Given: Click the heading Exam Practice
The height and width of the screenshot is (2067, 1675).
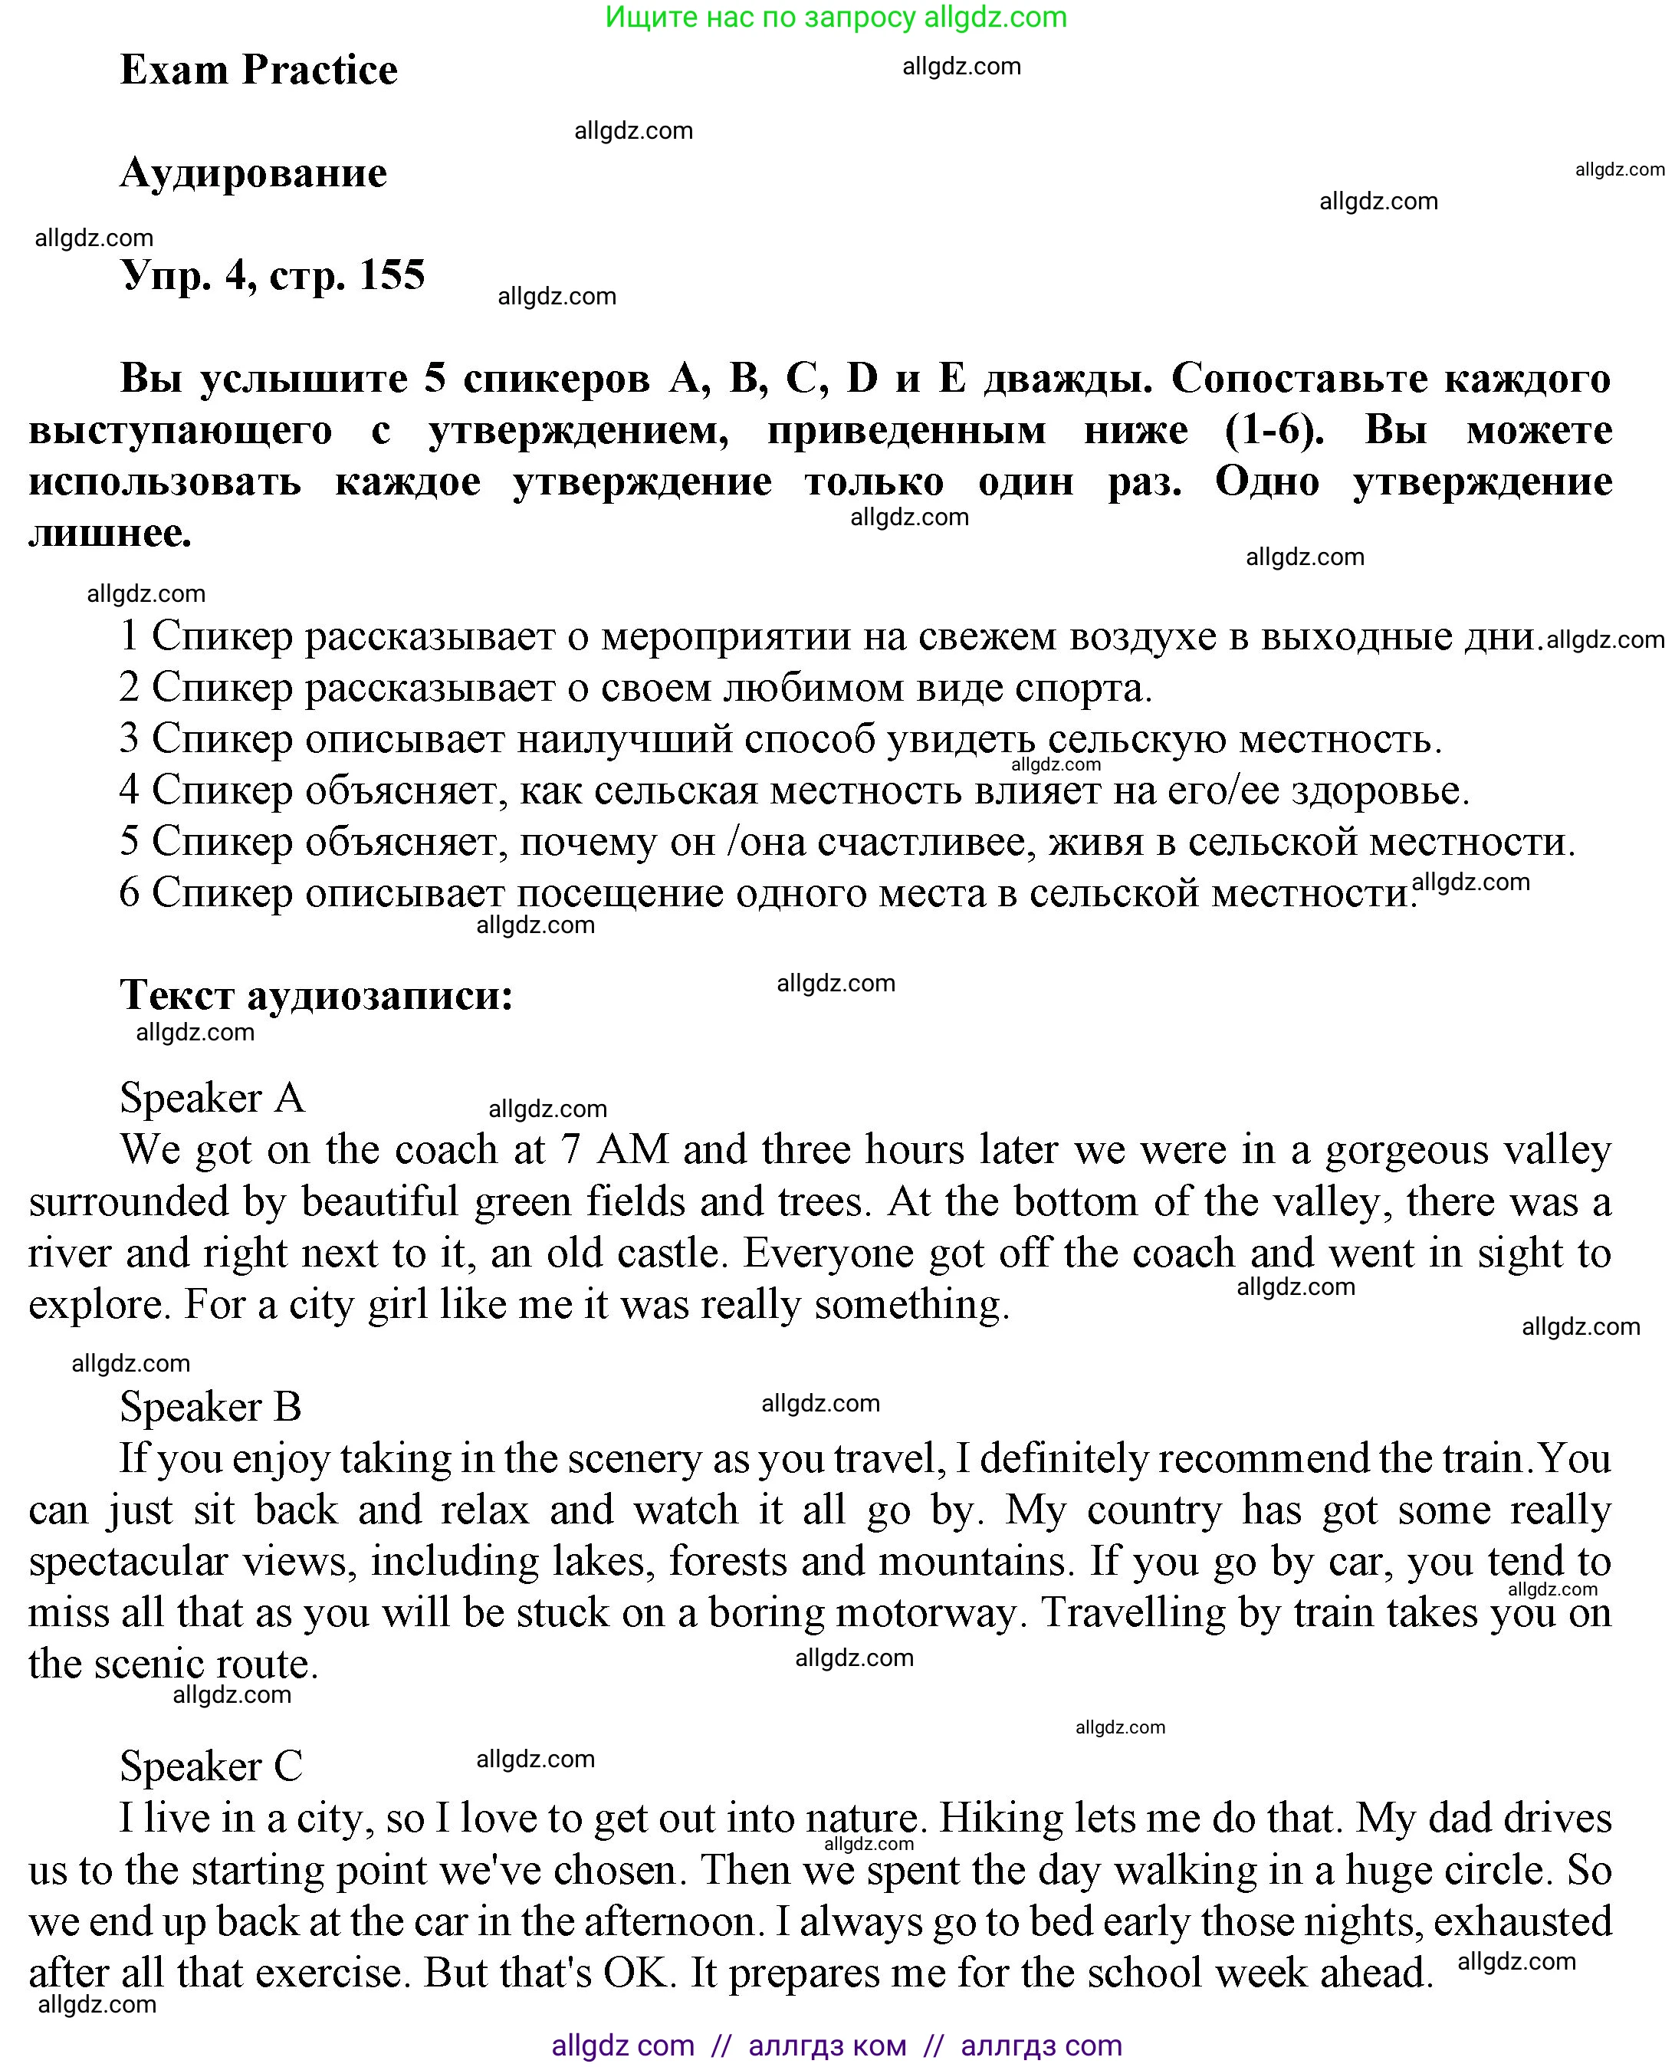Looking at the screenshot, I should point(258,70).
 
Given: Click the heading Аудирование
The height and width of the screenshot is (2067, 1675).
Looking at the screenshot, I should point(253,173).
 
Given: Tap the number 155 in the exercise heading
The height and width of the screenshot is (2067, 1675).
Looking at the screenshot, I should point(392,275).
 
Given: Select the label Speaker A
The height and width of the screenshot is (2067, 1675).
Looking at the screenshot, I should point(212,1098).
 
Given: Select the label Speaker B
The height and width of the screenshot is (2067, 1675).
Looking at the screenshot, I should point(210,1407).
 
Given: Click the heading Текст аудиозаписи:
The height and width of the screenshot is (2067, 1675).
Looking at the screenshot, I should point(317,994).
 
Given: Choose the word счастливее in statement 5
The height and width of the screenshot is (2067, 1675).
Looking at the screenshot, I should point(925,843).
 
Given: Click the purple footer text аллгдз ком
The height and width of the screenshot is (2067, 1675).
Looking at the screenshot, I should point(827,2045).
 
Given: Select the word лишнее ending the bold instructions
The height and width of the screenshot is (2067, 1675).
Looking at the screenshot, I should point(109,534).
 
